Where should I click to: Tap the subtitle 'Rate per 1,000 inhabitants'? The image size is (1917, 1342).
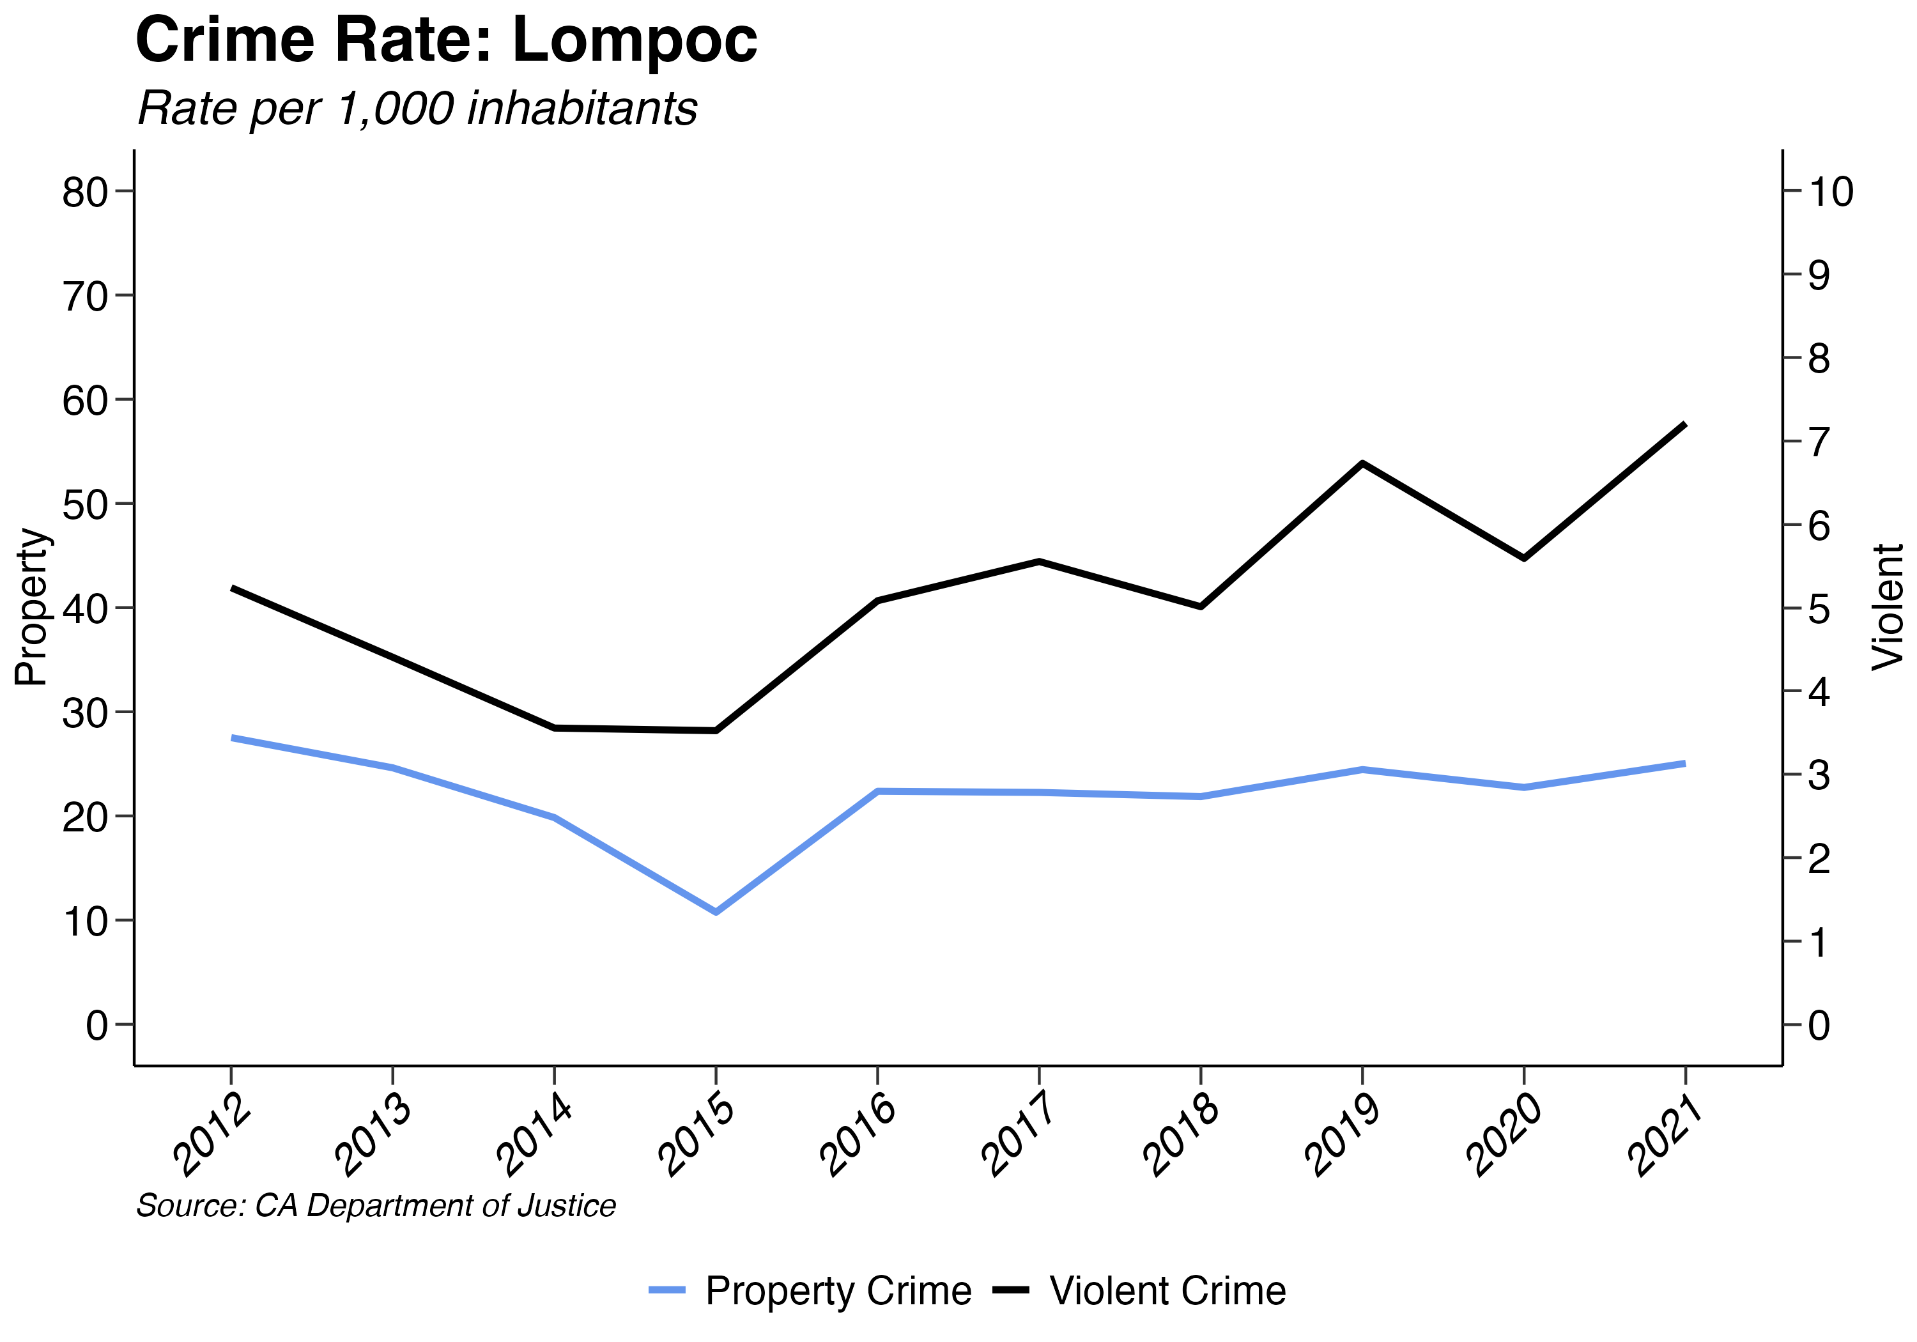(417, 109)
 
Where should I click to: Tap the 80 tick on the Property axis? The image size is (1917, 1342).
(85, 192)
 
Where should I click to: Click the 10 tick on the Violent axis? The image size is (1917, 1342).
(1830, 192)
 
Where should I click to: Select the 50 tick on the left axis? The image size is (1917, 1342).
(85, 504)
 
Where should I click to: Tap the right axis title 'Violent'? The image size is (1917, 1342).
(1887, 606)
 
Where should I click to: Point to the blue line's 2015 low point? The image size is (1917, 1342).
(716, 912)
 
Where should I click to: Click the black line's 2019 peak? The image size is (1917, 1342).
(1362, 463)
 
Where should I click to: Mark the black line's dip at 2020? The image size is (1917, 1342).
(1525, 558)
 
